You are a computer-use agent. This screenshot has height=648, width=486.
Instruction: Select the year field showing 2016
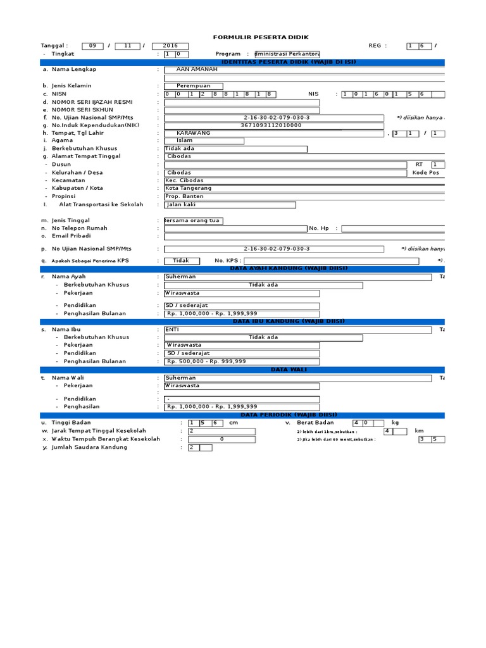point(170,46)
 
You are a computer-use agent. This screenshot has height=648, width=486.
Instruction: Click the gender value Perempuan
point(194,85)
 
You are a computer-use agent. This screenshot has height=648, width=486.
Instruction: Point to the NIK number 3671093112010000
point(271,125)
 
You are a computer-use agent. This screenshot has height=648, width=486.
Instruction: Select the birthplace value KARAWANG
point(194,133)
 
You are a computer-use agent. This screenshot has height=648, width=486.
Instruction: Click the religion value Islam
point(184,140)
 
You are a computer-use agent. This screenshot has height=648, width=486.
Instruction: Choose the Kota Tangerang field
point(189,188)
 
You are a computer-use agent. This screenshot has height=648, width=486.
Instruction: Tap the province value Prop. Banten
point(185,196)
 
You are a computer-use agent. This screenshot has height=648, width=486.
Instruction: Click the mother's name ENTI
point(172,329)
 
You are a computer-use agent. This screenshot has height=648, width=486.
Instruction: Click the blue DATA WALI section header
point(288,369)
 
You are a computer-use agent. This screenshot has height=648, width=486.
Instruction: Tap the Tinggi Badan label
point(71,422)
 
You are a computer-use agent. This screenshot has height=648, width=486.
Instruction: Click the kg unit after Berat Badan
point(395,422)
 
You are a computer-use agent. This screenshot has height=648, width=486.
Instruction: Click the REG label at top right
point(375,46)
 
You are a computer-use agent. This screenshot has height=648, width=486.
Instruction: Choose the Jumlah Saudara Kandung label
point(89,447)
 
